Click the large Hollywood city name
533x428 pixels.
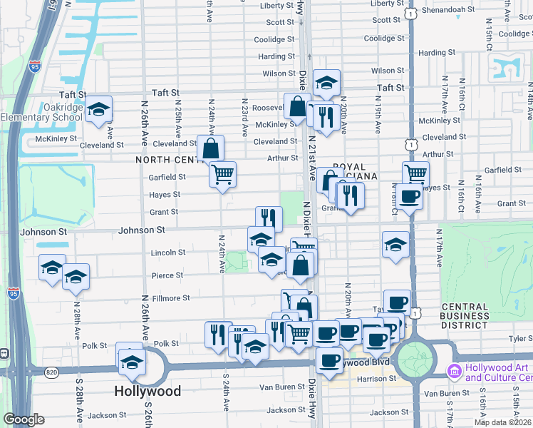coord(148,391)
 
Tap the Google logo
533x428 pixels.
coord(24,419)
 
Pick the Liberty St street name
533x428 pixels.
coord(277,5)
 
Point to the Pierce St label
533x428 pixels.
coord(167,275)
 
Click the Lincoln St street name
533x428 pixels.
coord(168,253)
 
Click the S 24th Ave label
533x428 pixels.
coord(226,401)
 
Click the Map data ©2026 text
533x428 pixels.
coord(502,422)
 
